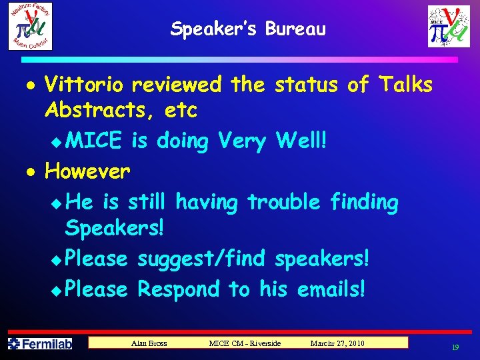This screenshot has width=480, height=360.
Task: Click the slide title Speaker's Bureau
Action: click(x=248, y=29)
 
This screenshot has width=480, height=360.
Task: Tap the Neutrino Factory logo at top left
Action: click(x=30, y=26)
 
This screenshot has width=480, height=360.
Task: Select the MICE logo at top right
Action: click(x=449, y=26)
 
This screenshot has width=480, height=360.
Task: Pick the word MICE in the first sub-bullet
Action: click(x=95, y=141)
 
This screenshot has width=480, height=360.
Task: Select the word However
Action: click(x=87, y=172)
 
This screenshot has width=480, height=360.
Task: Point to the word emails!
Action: click(x=331, y=289)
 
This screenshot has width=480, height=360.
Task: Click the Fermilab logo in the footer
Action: click(x=39, y=344)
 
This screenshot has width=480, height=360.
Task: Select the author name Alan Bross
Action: click(x=149, y=343)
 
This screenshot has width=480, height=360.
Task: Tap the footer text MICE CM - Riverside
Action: click(x=245, y=343)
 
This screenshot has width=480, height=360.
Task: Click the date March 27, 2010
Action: click(x=337, y=343)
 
